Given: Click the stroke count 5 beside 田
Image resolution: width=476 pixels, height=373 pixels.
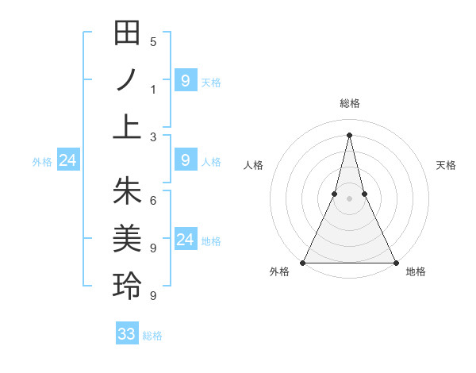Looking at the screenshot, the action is pyautogui.click(x=153, y=41).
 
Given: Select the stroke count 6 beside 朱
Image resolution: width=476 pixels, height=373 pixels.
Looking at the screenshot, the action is pyautogui.click(x=153, y=200).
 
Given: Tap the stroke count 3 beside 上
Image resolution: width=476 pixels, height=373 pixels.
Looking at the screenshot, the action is pyautogui.click(x=153, y=137).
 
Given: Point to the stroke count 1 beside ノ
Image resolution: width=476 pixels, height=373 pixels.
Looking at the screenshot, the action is pyautogui.click(x=153, y=89).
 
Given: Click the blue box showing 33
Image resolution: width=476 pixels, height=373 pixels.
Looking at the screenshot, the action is pyautogui.click(x=127, y=334).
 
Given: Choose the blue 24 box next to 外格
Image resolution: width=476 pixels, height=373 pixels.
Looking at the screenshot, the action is pyautogui.click(x=67, y=161).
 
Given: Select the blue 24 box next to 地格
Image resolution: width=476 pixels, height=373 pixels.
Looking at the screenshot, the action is pyautogui.click(x=185, y=240).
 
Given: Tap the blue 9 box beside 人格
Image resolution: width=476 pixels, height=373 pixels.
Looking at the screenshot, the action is pyautogui.click(x=185, y=160).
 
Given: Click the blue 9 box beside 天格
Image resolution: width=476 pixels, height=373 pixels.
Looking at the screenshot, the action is pyautogui.click(x=185, y=80).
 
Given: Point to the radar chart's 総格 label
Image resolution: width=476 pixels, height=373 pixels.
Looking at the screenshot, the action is pyautogui.click(x=349, y=104).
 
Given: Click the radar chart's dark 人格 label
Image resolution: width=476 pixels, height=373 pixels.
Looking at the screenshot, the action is pyautogui.click(x=253, y=165).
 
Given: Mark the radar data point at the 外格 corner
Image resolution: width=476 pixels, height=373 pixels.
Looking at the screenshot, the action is pyautogui.click(x=303, y=263).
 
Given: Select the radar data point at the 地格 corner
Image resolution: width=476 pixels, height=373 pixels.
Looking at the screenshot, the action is pyautogui.click(x=395, y=263).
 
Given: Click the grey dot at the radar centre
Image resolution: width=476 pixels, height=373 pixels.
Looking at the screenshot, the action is pyautogui.click(x=349, y=199).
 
